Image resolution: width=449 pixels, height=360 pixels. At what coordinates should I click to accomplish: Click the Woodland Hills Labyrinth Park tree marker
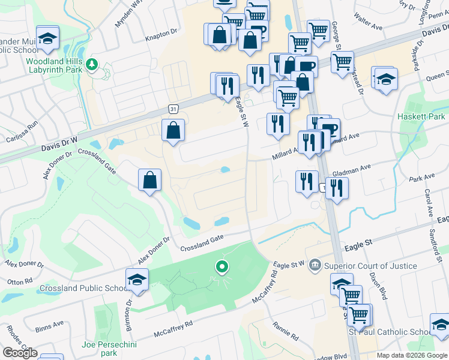click(91, 64)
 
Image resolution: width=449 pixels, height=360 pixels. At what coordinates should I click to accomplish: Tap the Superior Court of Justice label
click(370, 266)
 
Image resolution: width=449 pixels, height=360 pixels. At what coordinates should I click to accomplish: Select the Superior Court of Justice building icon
click(315, 265)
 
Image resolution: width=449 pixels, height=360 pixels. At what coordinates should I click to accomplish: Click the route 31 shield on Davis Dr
click(173, 109)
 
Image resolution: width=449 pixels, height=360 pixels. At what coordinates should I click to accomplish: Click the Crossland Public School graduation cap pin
click(137, 280)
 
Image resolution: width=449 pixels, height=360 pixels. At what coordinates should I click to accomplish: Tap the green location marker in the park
click(222, 266)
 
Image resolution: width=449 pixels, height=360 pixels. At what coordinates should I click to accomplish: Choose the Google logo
click(20, 353)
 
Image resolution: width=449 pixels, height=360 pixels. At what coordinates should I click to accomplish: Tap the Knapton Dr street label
click(161, 36)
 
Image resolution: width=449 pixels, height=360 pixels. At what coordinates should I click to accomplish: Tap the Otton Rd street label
click(20, 281)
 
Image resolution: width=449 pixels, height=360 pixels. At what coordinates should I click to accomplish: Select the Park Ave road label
click(421, 178)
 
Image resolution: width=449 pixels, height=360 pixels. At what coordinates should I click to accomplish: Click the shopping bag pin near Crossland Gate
click(149, 180)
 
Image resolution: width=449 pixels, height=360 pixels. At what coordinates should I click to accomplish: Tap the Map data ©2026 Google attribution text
click(412, 356)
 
